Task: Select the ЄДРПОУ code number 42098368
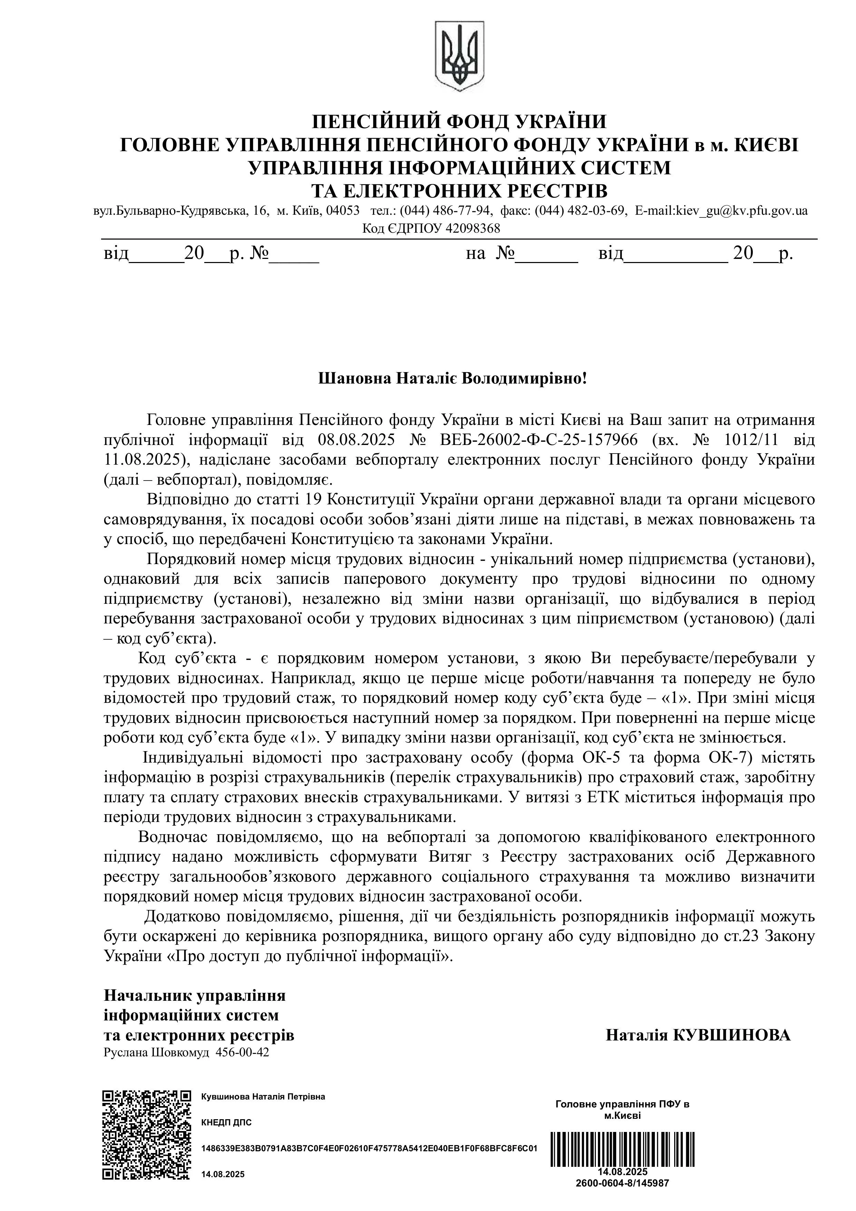[472, 229]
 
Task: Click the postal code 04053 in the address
[343, 211]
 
